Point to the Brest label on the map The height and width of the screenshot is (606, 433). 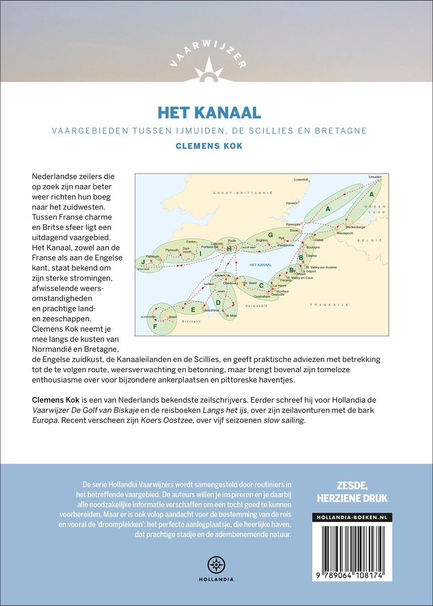(x=173, y=317)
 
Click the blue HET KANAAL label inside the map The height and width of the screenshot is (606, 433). (x=260, y=265)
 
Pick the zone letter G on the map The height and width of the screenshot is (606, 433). (x=270, y=234)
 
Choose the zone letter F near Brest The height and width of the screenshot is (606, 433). (x=155, y=326)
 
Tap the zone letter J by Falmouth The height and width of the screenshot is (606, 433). (x=143, y=262)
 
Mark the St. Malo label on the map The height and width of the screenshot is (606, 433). (x=231, y=316)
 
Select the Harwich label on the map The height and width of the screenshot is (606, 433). (x=292, y=203)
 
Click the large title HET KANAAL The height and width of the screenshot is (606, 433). (x=216, y=112)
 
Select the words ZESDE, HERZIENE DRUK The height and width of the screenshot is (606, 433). (x=352, y=491)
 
